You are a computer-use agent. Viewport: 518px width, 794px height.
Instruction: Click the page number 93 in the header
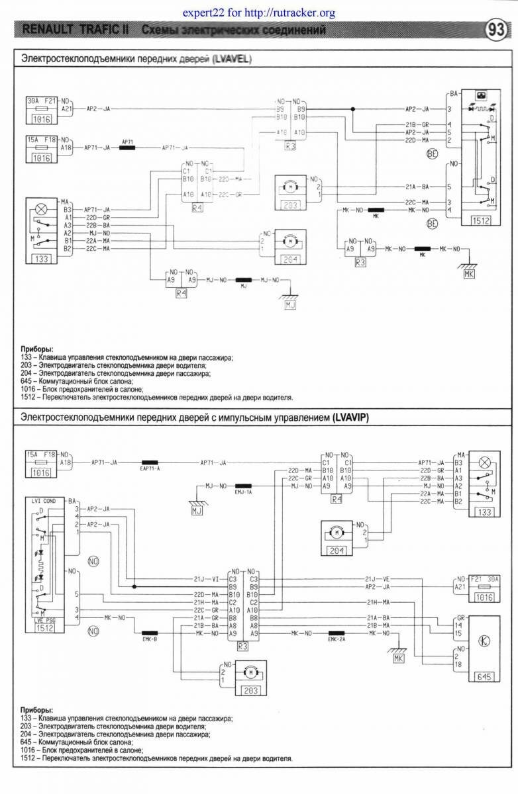tap(497, 31)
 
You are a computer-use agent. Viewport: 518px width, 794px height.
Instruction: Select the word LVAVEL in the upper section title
tap(231, 59)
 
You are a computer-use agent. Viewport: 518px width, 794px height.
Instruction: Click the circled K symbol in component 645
tap(484, 642)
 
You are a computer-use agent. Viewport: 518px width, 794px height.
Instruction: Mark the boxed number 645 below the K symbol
tap(484, 676)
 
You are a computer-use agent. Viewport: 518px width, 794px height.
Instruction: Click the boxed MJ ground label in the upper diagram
tap(290, 305)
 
